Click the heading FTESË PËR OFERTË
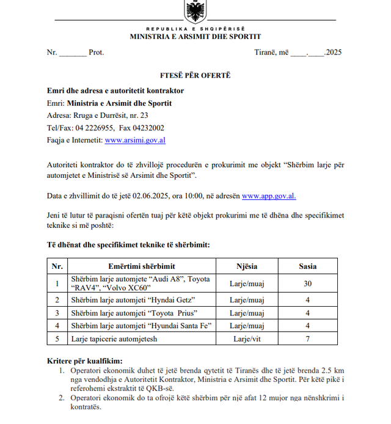point(194,76)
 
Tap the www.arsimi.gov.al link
point(136,140)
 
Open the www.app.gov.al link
point(269,196)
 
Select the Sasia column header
point(307,266)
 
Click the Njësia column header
point(247,266)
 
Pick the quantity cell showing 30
point(307,283)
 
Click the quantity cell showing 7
point(307,338)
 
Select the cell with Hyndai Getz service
point(133,300)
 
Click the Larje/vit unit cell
point(247,338)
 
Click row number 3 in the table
point(57,313)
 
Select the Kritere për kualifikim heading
point(84,361)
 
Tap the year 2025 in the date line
point(334,53)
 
